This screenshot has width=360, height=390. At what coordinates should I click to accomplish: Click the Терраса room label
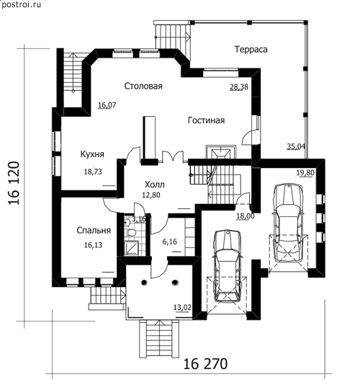point(251,50)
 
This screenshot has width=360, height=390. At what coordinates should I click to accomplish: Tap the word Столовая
point(143,86)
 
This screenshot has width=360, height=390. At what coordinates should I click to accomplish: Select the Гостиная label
point(206,120)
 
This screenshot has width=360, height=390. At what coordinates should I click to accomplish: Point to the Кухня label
point(92,154)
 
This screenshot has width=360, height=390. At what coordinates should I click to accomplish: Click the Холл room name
point(155,185)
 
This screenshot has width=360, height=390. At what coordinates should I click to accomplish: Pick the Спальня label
point(94,230)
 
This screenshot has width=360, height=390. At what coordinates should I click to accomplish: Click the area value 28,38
point(239,87)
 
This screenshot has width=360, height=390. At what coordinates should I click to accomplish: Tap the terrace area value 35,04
point(296,146)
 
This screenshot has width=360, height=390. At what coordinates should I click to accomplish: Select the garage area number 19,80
point(305,172)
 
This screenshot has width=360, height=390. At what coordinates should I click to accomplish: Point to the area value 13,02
point(182,308)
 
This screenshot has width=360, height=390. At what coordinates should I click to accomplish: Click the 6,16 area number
point(170,241)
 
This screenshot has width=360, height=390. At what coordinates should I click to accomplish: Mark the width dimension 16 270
point(205,364)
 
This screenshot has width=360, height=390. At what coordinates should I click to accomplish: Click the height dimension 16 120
point(14,183)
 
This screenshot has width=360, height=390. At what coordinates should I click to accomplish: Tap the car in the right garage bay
point(288,223)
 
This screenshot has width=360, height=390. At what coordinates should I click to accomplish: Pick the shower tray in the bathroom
point(132,248)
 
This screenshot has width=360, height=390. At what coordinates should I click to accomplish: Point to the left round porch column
point(144,283)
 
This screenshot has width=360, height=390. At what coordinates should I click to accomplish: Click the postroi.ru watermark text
point(21,4)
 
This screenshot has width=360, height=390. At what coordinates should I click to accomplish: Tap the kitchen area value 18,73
point(93,172)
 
